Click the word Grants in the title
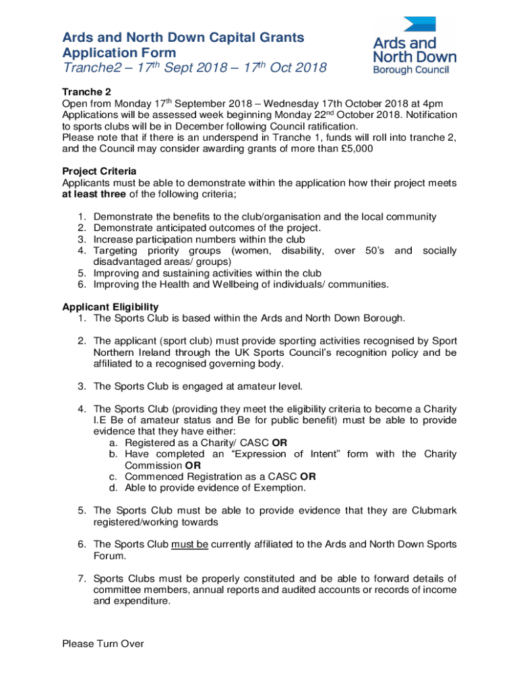276,37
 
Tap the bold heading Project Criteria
99,171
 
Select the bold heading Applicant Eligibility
111,307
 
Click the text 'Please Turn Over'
103,644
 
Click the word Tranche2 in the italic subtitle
94,68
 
